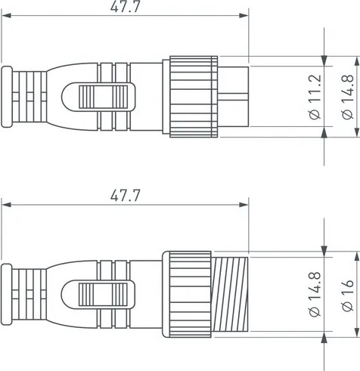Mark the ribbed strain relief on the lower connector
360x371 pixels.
click(x=30, y=294)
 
